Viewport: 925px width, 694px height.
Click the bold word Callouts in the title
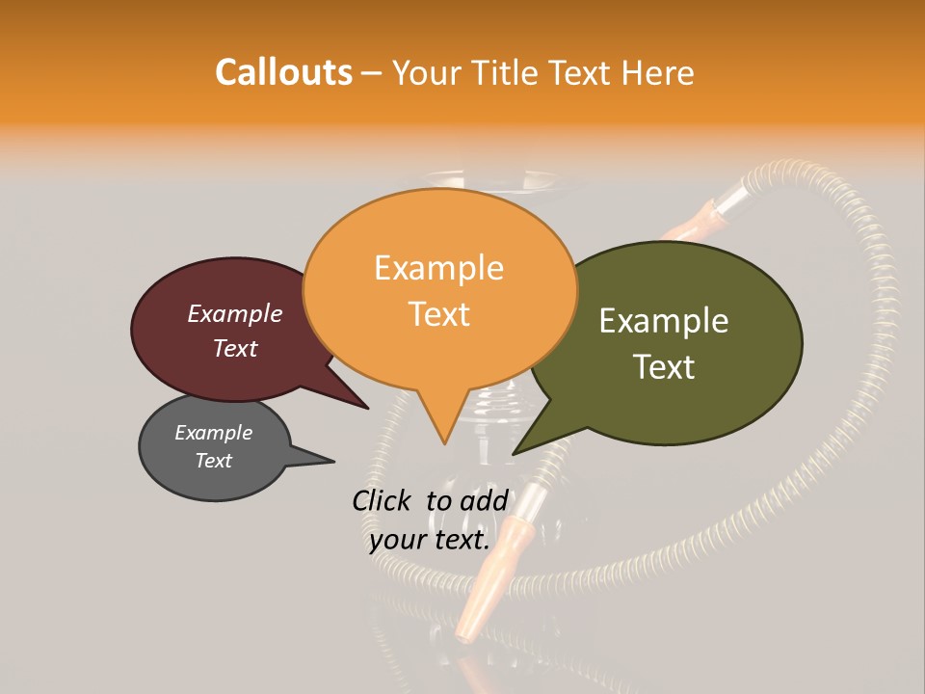point(283,72)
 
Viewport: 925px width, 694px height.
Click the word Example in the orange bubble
point(438,268)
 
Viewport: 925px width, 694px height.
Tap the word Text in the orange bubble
point(438,314)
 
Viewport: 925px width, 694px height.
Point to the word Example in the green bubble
point(664,321)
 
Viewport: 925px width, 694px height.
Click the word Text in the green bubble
point(664,367)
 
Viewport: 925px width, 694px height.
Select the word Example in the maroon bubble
point(235,314)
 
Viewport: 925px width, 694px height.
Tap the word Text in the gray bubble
point(214,461)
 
